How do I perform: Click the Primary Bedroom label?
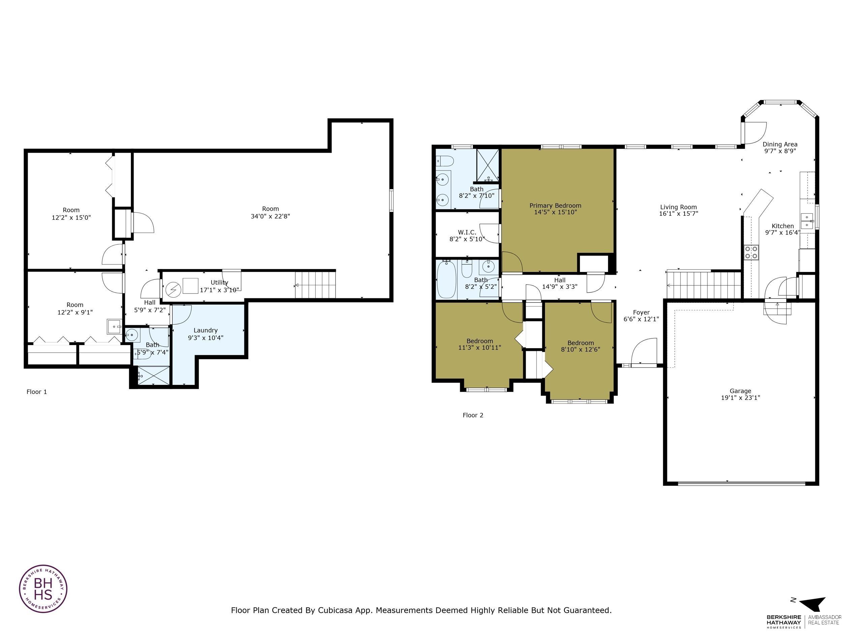[555, 206]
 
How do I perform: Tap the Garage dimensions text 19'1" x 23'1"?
[740, 398]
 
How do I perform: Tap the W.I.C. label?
[467, 232]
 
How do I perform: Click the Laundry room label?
[205, 330]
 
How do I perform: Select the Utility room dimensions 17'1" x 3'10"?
[220, 290]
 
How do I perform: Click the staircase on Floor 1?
[316, 284]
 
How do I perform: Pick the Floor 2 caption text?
[472, 415]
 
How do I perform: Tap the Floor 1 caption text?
[36, 392]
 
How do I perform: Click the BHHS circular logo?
[43, 589]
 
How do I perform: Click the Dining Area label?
[780, 144]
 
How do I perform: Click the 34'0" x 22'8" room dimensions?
[270, 216]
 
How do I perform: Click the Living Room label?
[678, 207]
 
